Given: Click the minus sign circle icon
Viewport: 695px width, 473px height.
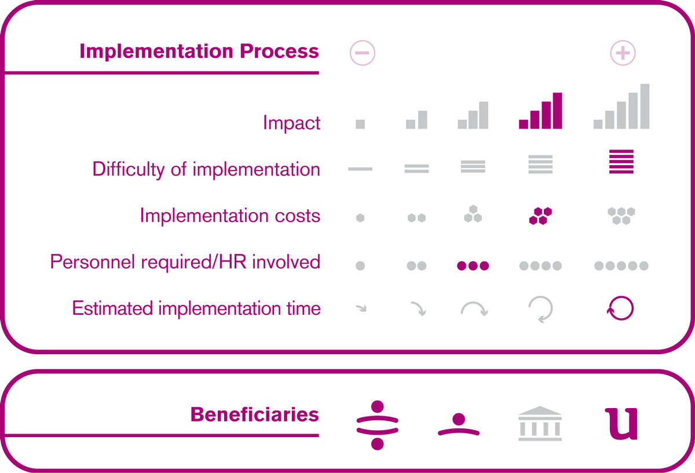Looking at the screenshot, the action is pos(362,53).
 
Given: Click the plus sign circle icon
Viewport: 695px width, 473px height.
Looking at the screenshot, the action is pos(623,53).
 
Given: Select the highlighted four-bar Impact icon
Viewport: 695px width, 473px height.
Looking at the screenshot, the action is pos(540,111).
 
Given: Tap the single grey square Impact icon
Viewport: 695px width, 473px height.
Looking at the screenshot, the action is pos(360,124).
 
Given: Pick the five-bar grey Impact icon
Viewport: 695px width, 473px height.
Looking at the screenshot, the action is pos(621,106).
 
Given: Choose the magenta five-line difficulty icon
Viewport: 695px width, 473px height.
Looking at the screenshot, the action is pos(621,162).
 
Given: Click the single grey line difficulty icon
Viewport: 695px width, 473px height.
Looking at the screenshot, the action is pos(360,169).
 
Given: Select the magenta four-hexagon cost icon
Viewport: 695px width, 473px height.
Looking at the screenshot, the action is pos(540,216).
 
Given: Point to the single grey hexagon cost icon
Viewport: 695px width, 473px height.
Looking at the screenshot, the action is pos(360,218).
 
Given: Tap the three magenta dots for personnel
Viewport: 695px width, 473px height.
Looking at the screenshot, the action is pos(473,265).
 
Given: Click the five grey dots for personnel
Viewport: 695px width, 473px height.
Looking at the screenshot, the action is pos(621,265).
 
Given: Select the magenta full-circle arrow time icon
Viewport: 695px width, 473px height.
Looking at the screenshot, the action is pos(620,308).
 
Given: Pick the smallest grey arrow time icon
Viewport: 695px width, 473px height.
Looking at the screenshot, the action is pos(361,308).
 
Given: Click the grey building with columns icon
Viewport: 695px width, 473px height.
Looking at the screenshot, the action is pos(540,423).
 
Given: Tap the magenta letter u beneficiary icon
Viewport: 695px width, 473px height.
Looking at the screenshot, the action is pos(621,424).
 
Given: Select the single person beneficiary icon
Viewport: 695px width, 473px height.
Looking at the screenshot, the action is pos(459,424).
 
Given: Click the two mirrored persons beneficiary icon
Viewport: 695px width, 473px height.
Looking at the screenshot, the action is pos(377,425).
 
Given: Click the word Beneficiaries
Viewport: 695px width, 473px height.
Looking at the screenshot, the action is pos(254,414).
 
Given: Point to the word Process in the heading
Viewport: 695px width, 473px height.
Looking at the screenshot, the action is pos(279,51).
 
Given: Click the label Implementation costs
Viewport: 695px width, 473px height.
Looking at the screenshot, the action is pos(230,215).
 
